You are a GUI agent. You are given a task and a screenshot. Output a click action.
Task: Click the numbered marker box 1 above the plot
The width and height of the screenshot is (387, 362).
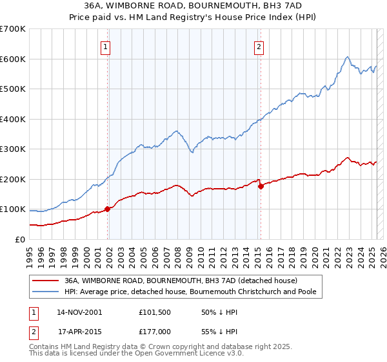[x=104, y=46]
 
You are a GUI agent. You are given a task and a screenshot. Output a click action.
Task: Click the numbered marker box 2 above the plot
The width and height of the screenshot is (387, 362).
[x=259, y=46]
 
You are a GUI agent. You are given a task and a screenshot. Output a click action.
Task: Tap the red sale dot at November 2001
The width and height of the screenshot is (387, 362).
[x=107, y=209]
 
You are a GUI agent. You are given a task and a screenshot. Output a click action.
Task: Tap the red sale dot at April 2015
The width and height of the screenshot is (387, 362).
[x=261, y=186]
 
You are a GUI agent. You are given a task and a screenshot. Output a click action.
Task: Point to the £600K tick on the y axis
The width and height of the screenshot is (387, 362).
[x=13, y=59]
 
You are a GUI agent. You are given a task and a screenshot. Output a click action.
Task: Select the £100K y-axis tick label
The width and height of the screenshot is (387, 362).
[x=13, y=209]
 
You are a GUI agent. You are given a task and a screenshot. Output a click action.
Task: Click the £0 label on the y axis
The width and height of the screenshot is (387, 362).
[x=19, y=239]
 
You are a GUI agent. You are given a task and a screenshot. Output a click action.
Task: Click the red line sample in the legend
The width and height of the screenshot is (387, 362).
[x=46, y=281]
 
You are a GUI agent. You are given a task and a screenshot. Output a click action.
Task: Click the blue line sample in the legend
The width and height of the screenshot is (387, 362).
[x=46, y=292]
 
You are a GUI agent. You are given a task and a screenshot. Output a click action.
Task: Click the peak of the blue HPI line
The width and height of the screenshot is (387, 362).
[x=347, y=57]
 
